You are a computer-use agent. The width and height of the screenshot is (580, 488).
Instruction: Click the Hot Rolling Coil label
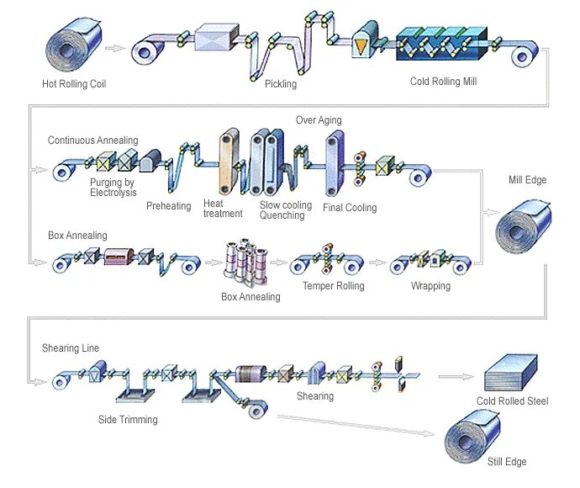[x=74, y=83]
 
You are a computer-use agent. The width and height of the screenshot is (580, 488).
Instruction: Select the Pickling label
[x=281, y=84]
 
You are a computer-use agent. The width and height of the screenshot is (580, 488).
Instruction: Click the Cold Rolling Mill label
[x=444, y=82]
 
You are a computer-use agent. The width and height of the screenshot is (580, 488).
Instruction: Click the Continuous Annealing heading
[x=92, y=141]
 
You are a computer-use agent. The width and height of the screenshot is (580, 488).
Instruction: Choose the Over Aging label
[x=319, y=120]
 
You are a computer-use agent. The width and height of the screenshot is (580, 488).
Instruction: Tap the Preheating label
[x=169, y=206]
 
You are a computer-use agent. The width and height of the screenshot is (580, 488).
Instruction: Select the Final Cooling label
[x=350, y=208]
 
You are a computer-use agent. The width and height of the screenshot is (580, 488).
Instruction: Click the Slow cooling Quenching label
[x=285, y=210]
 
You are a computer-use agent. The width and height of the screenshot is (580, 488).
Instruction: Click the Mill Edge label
[x=527, y=180]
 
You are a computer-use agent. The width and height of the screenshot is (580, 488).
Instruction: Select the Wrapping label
[x=430, y=286]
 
